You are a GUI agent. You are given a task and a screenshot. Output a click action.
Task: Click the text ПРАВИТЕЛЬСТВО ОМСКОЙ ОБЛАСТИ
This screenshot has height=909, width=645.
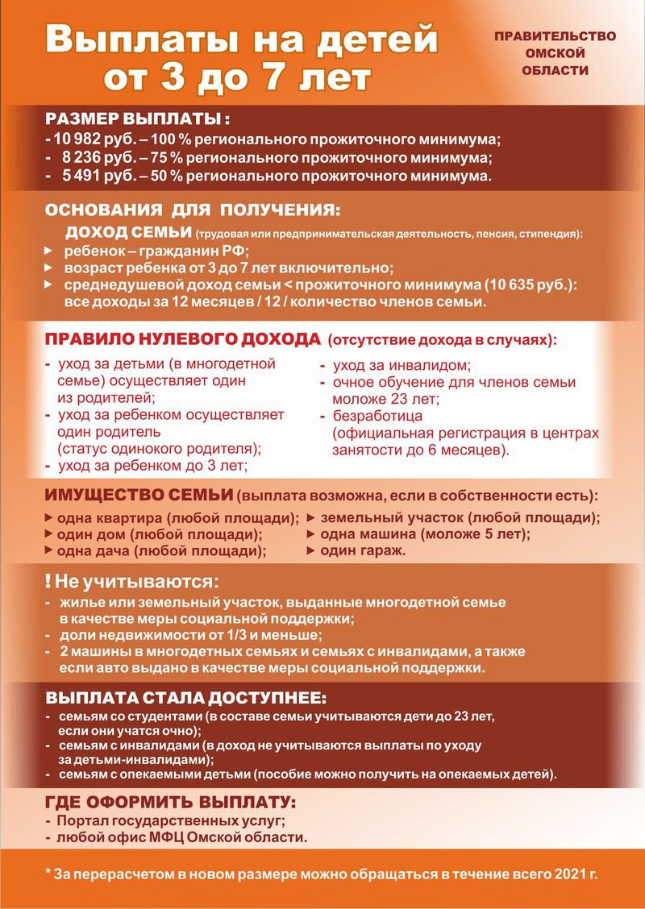pos(555,53)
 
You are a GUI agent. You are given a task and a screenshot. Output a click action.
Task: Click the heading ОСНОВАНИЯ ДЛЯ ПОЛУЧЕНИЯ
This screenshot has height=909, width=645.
pos(193,211)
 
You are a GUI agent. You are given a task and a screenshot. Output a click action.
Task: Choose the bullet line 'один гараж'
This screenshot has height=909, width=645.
pos(363,551)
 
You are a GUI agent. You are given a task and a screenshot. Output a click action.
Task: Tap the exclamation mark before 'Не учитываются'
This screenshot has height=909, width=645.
pos(49,580)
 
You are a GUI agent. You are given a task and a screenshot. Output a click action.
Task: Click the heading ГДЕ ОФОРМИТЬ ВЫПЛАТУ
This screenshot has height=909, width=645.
pos(170,803)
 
